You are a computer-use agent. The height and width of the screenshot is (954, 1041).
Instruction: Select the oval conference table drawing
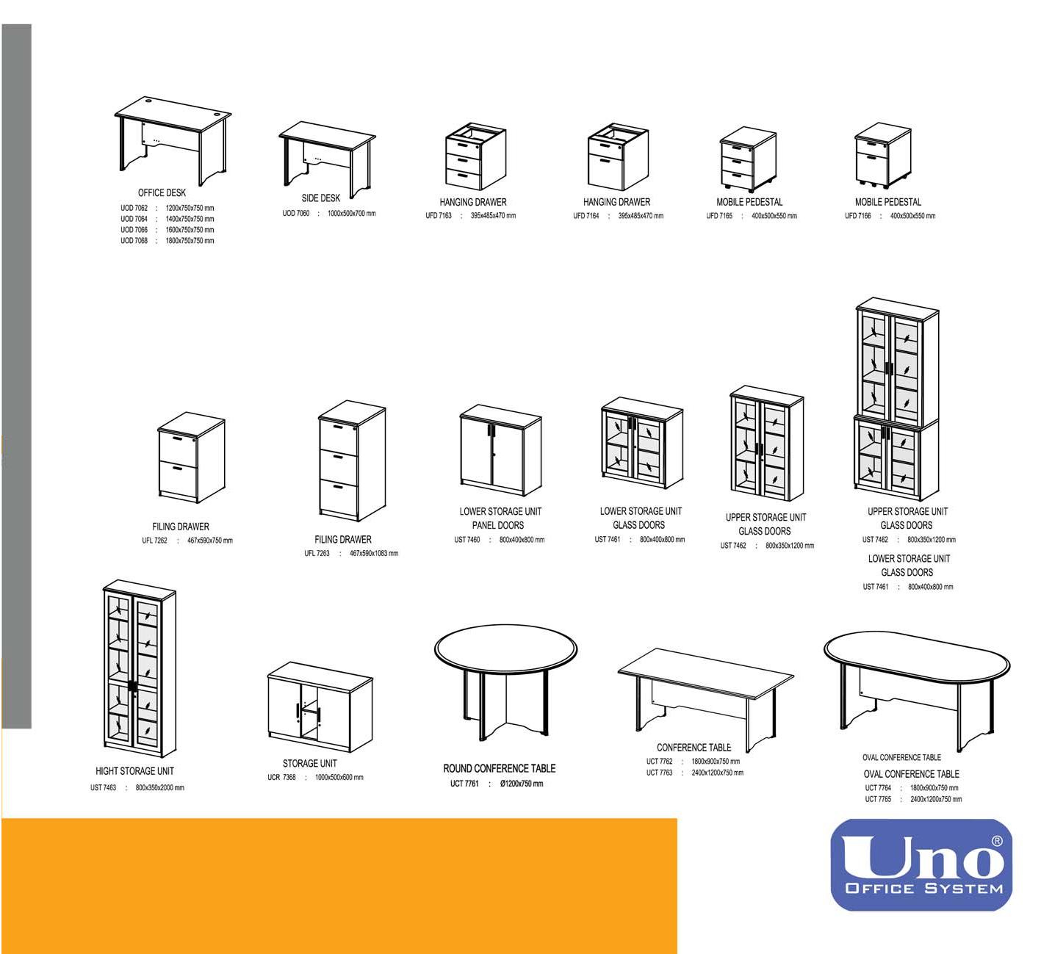tap(916, 690)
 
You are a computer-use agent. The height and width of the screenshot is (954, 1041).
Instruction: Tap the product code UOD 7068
tap(134, 241)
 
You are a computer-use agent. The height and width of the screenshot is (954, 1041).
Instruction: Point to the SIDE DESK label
tap(321, 198)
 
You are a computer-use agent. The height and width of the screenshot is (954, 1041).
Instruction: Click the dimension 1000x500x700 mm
tap(351, 213)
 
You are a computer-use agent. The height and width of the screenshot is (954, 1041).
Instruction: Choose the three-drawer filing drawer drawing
tap(352, 460)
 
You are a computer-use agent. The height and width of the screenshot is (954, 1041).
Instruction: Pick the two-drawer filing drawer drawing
tap(191, 458)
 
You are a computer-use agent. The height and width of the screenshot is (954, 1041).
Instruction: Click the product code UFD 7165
tap(718, 216)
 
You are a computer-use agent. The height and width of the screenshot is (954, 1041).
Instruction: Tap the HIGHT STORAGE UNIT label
tap(134, 771)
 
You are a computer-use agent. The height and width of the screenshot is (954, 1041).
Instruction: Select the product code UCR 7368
tap(281, 777)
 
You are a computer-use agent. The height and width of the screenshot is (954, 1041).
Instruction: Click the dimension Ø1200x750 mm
tap(522, 784)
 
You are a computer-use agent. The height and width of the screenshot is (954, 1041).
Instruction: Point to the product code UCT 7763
tap(659, 773)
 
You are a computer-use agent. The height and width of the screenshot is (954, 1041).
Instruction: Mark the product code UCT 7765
tap(877, 799)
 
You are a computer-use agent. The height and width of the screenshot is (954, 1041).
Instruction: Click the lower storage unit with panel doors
tap(501, 450)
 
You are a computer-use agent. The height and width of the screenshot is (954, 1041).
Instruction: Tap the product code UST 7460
tap(467, 540)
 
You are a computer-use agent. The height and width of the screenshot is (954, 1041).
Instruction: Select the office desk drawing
tap(173, 140)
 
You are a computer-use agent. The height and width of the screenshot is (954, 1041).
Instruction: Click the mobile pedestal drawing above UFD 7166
tap(883, 154)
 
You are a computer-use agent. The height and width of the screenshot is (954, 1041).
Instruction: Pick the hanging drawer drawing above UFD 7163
tap(475, 156)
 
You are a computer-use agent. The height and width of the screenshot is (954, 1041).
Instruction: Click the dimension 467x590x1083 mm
tap(374, 553)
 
